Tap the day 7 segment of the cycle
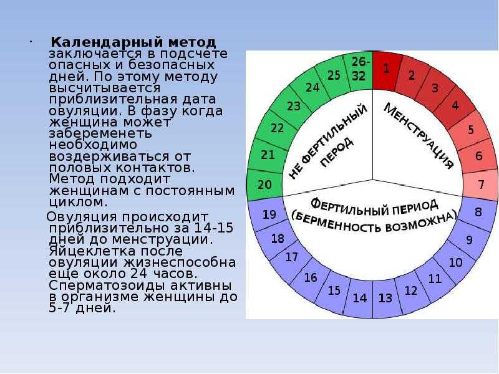point(480,185)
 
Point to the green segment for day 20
point(264,185)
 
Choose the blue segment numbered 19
point(268,214)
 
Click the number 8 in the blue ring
point(478,212)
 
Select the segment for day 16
point(310,277)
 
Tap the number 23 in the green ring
point(293,106)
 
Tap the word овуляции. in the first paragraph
point(84,112)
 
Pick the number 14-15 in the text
point(213,228)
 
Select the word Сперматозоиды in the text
point(107,286)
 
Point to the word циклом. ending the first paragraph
point(79,202)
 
